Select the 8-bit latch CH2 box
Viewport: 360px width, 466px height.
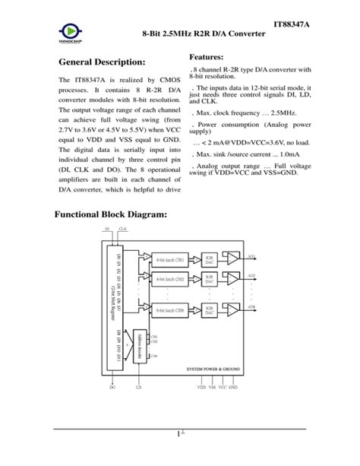170,279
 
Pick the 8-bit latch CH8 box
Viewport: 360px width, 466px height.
170,310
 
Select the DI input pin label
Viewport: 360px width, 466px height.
107,228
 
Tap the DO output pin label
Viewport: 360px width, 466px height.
112,387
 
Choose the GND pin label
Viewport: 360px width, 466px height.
233,387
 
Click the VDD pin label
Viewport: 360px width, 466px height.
202,387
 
